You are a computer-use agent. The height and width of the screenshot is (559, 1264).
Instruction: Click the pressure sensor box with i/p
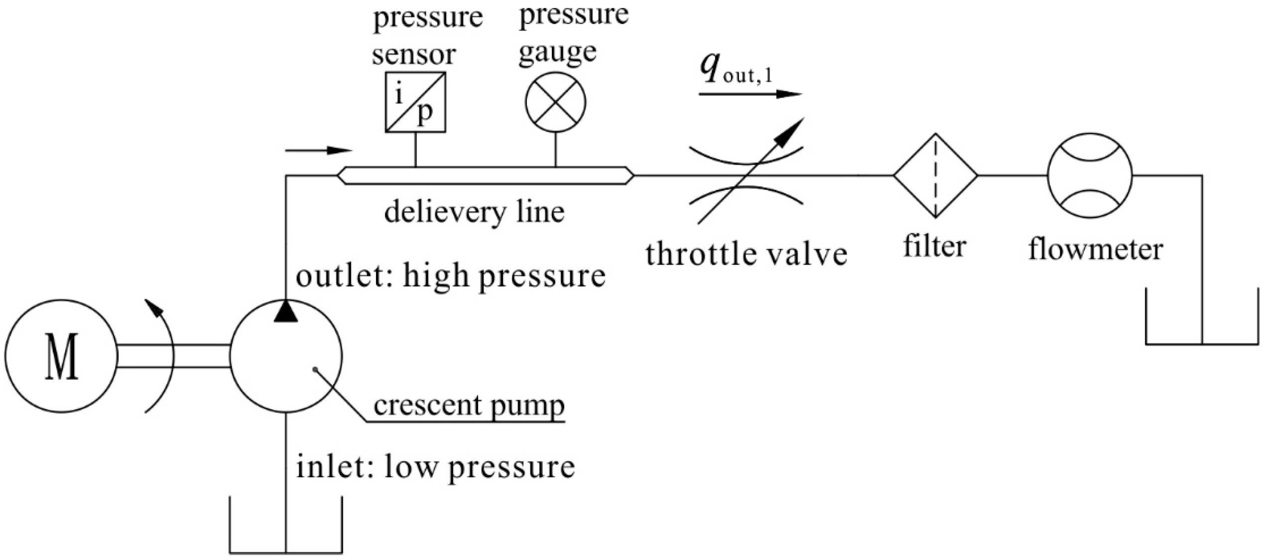tap(415, 102)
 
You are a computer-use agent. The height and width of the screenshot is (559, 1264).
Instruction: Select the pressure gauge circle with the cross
tap(555, 102)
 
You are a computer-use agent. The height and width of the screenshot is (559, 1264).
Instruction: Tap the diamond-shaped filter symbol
tap(935, 175)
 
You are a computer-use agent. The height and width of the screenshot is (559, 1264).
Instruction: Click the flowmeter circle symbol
tap(1090, 175)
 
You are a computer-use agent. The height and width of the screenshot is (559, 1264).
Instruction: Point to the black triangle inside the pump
tap(286, 312)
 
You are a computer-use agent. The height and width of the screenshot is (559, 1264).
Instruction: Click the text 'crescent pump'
tap(469, 406)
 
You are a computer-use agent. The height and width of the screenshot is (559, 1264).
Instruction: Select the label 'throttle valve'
tap(746, 254)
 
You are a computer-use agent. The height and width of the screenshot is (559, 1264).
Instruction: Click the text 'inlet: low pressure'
tap(435, 467)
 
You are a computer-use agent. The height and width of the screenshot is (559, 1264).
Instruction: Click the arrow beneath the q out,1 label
tap(750, 94)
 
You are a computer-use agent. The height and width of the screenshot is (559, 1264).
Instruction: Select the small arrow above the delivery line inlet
tap(319, 149)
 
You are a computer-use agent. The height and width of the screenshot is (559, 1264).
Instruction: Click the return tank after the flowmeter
tap(1202, 329)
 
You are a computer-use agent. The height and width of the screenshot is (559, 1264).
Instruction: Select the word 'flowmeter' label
tap(1095, 249)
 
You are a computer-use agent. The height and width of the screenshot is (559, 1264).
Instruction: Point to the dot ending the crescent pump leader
tap(315, 369)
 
